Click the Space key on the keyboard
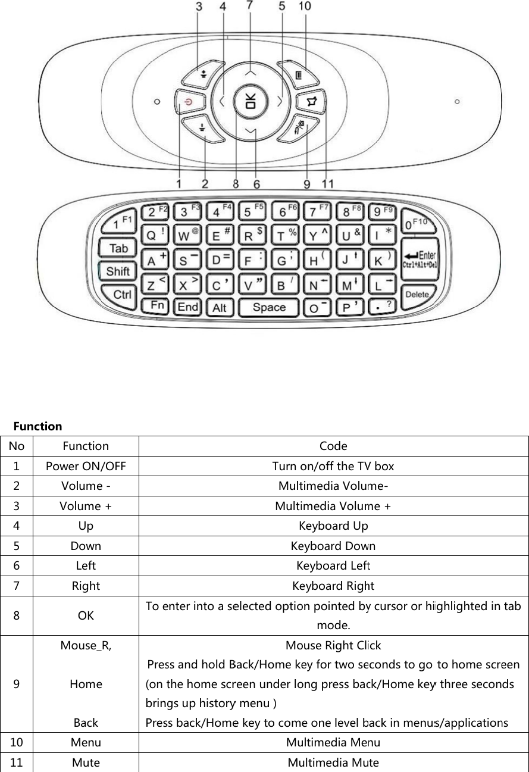269,308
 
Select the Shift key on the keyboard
118,271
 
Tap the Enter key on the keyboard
420,258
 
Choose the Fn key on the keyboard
157,305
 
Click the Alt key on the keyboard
220,308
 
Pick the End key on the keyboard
188,307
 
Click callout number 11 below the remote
327,184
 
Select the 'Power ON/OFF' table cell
86,466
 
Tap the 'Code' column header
333,446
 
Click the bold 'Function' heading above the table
38,426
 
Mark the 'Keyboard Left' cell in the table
333,565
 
